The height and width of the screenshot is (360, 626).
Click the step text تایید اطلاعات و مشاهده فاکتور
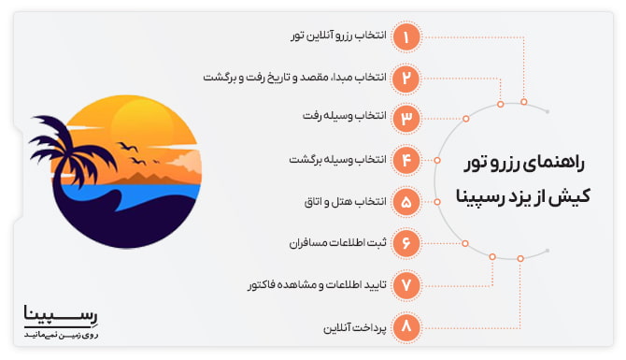point(313,283)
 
